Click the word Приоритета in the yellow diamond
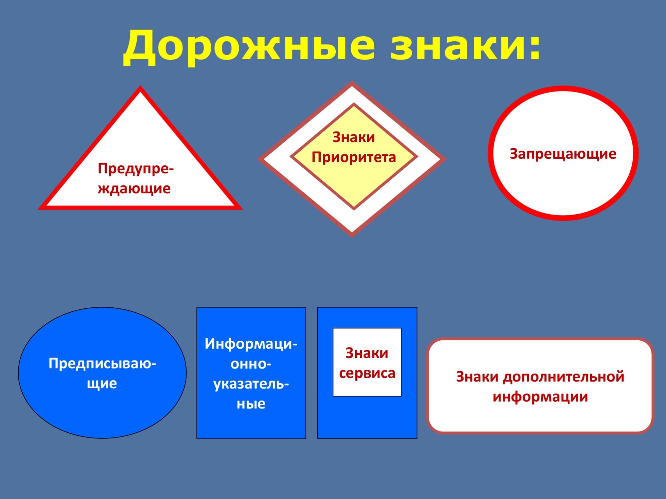pyautogui.click(x=354, y=157)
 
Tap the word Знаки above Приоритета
pyautogui.click(x=354, y=137)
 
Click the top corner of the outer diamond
pyautogui.click(x=352, y=82)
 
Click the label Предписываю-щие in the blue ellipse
pyautogui.click(x=102, y=373)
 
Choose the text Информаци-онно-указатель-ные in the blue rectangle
pyautogui.click(x=251, y=374)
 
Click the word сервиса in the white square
pyautogui.click(x=367, y=373)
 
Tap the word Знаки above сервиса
pyautogui.click(x=367, y=353)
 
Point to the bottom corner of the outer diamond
pyautogui.click(x=352, y=237)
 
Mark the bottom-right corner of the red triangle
pyautogui.click(x=242, y=209)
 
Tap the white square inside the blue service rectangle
pyautogui.click(x=367, y=362)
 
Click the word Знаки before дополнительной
pyautogui.click(x=477, y=377)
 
